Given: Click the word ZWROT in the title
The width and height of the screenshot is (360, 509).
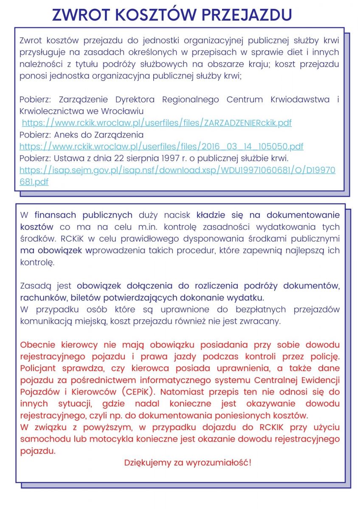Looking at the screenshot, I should click(x=81, y=15).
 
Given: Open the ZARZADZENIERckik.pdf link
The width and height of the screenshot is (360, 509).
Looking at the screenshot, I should click(x=157, y=123).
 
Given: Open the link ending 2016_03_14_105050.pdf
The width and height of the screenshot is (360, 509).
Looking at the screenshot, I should click(x=161, y=147).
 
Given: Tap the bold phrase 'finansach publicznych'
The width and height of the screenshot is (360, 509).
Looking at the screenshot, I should click(x=84, y=215).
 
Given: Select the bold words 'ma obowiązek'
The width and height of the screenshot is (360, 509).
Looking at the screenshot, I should click(x=52, y=250).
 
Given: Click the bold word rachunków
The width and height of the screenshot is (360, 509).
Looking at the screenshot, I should click(x=41, y=297).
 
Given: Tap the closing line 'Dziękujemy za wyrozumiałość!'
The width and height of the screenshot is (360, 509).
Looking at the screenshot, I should click(x=187, y=462).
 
